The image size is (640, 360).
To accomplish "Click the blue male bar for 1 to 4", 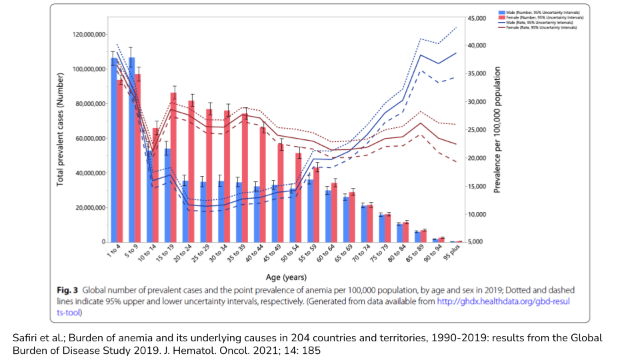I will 114,150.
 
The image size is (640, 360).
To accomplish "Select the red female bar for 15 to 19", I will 173,167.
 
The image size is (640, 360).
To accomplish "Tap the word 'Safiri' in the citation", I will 26,338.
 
